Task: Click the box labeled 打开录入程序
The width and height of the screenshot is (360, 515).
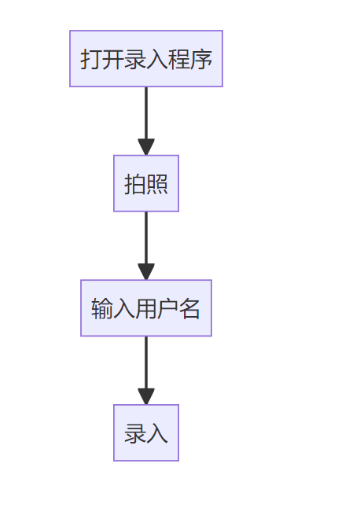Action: pos(146,58)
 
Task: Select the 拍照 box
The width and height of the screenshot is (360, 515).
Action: pos(146,183)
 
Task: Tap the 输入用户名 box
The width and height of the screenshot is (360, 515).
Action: pos(146,308)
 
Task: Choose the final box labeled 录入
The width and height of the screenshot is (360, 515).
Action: pos(146,433)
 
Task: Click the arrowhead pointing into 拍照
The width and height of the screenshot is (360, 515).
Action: pos(146,147)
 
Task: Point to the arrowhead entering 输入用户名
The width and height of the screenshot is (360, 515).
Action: pos(146,271)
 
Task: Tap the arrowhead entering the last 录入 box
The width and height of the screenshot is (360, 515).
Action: pos(146,396)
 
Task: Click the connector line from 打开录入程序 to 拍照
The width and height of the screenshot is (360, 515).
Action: pos(146,113)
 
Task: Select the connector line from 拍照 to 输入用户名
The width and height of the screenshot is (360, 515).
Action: pos(146,237)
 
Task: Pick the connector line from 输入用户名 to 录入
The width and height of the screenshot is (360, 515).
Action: pos(146,362)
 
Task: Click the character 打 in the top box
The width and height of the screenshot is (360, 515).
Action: pos(91,59)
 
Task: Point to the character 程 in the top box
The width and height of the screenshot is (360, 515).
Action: pos(179,59)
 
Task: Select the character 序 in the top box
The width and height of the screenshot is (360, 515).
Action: pos(201,59)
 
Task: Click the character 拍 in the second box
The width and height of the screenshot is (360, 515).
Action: pos(135,184)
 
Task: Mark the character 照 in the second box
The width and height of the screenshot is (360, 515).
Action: pos(157,184)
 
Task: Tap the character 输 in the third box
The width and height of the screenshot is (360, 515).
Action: pos(102,309)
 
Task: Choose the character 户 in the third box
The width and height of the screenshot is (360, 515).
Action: pos(168,309)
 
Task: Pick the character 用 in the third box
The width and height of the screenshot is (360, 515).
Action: pos(146,309)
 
